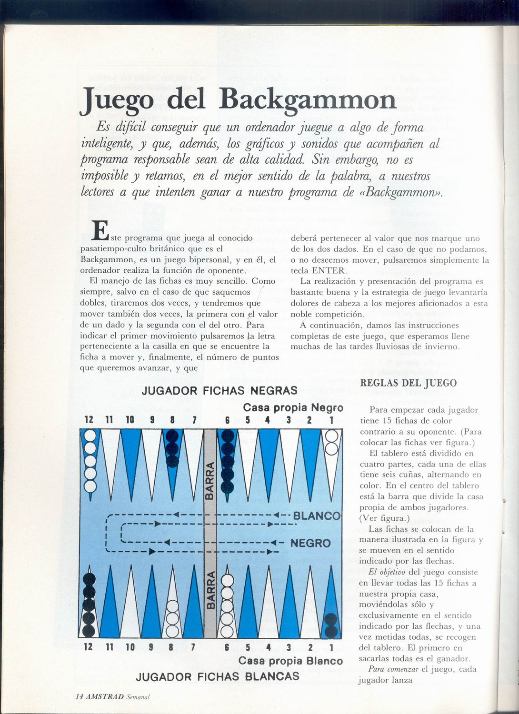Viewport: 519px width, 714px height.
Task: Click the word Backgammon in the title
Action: click(x=308, y=100)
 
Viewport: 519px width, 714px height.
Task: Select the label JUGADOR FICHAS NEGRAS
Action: click(x=220, y=391)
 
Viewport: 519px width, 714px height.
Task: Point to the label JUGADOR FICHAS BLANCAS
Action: click(x=218, y=676)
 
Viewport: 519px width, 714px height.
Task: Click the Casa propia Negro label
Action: click(x=293, y=408)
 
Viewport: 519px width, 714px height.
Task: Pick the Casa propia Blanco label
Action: click(x=290, y=661)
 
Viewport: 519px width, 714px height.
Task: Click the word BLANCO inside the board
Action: click(x=316, y=516)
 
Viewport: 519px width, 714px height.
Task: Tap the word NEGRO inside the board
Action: click(x=310, y=543)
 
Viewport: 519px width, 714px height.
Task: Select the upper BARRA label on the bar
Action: click(x=210, y=481)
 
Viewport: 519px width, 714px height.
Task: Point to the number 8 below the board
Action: click(x=171, y=647)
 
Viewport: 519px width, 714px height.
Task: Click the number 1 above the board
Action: click(x=331, y=420)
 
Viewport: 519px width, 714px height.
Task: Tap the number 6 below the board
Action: click(x=227, y=647)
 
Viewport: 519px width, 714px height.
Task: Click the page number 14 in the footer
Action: click(x=80, y=696)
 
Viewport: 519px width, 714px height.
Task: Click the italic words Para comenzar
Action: click(x=393, y=669)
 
